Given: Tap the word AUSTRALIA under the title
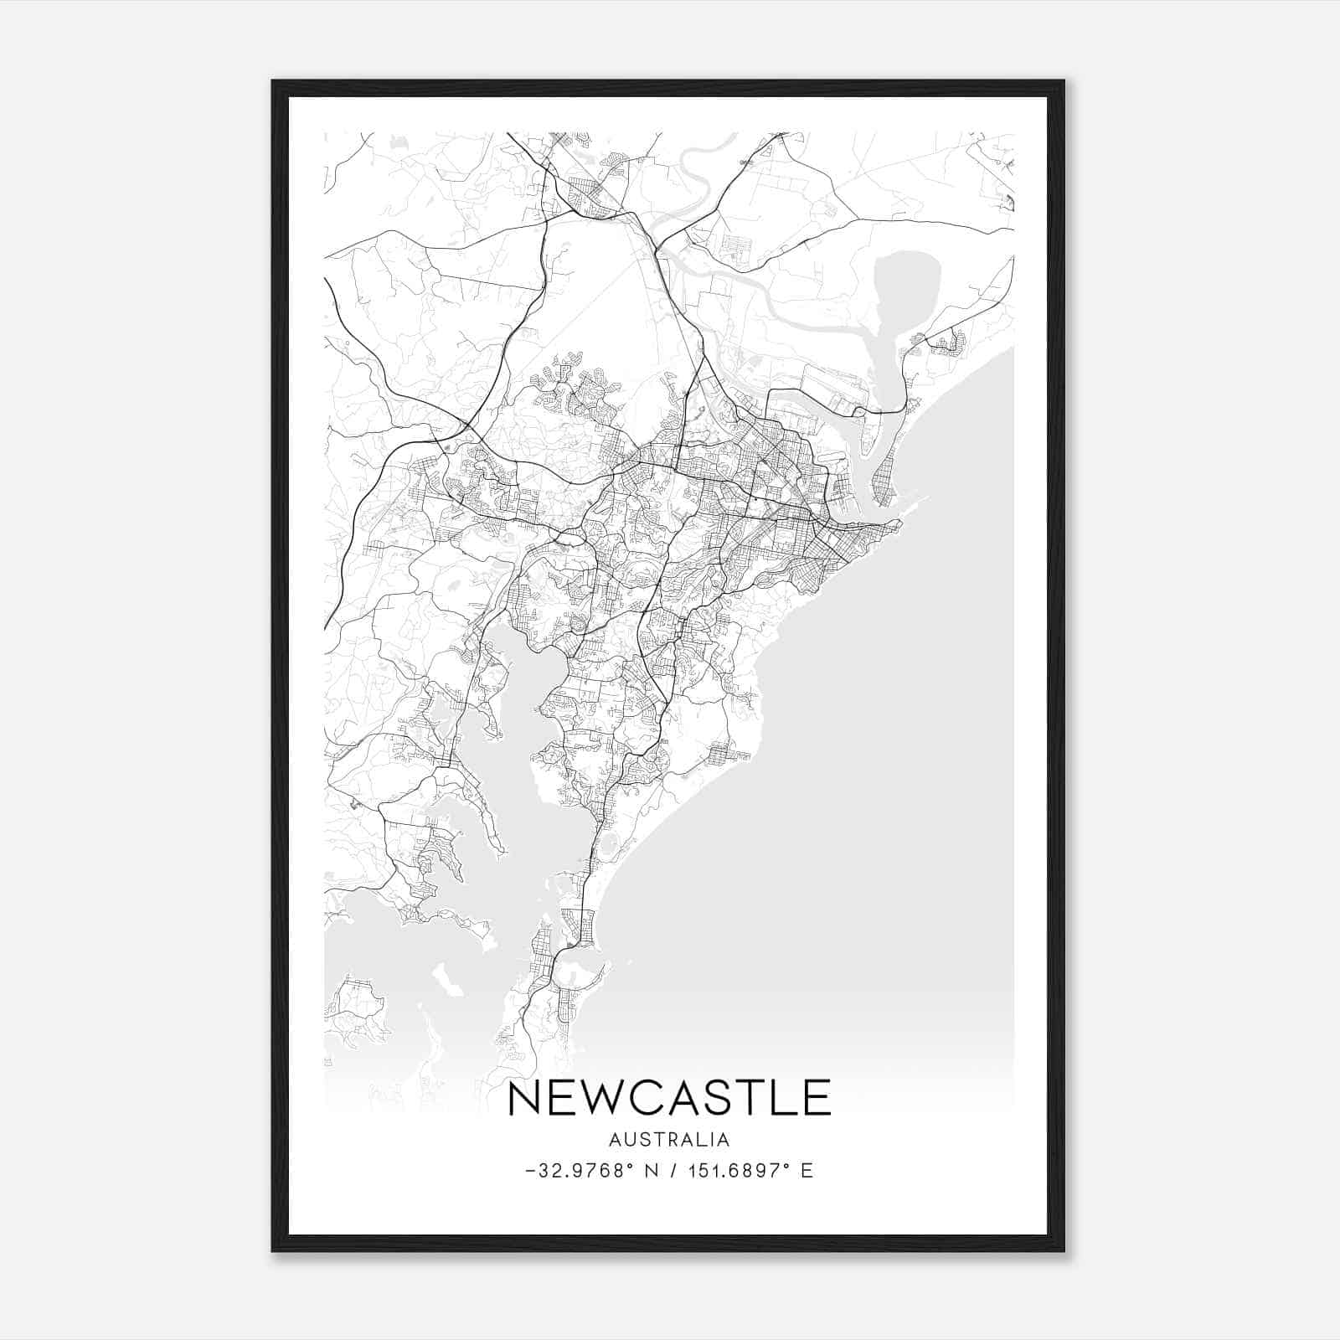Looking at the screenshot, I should point(668,1140).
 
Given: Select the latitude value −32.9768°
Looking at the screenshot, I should point(579,1171).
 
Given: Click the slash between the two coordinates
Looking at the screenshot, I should point(673,1171).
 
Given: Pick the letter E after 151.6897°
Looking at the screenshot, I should point(807,1171).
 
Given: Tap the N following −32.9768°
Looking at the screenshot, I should point(650,1171).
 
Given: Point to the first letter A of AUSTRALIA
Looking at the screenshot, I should point(616,1140).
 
